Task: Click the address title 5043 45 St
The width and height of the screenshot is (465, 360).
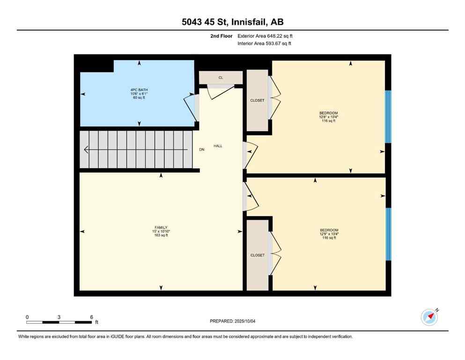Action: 232,22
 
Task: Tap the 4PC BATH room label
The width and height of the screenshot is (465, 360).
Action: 139,90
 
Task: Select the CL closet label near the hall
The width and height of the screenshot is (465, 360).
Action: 221,78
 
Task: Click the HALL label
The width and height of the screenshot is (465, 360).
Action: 218,146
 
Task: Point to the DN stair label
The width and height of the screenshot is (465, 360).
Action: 201,150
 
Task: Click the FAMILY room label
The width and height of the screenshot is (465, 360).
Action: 161,227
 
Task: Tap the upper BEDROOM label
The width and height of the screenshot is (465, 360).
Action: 328,113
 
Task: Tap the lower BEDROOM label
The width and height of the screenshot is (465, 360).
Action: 329,230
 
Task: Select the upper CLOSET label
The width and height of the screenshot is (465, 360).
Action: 257,100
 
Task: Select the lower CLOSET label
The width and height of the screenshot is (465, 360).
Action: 257,255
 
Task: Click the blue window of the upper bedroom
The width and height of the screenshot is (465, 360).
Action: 388,116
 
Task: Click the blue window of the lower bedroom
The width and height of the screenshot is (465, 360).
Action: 388,233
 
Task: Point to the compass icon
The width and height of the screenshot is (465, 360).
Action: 429,317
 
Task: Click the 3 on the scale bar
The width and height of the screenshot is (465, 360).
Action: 59,317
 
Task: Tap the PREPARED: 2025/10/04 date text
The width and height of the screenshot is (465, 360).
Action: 232,321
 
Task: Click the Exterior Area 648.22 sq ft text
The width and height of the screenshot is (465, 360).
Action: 265,36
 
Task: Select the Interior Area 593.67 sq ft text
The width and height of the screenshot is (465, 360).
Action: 265,44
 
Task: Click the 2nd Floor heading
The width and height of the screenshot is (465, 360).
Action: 221,36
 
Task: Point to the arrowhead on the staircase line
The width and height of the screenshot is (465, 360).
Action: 86,150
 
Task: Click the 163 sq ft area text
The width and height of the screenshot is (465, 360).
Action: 161,235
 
